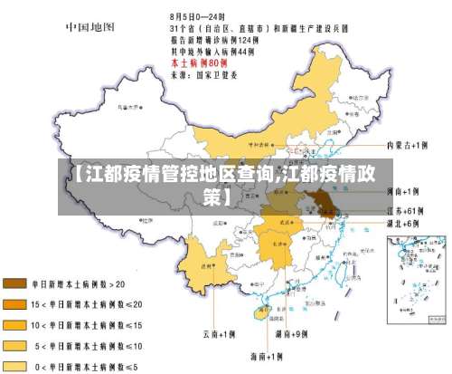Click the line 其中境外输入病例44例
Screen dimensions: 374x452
[x=212, y=51]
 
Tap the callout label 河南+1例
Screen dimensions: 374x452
[x=403, y=192]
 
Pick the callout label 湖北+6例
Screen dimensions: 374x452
[x=403, y=223]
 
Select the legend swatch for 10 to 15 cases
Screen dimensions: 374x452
[x=15, y=323]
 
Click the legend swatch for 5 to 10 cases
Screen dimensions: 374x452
[x=15, y=344]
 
